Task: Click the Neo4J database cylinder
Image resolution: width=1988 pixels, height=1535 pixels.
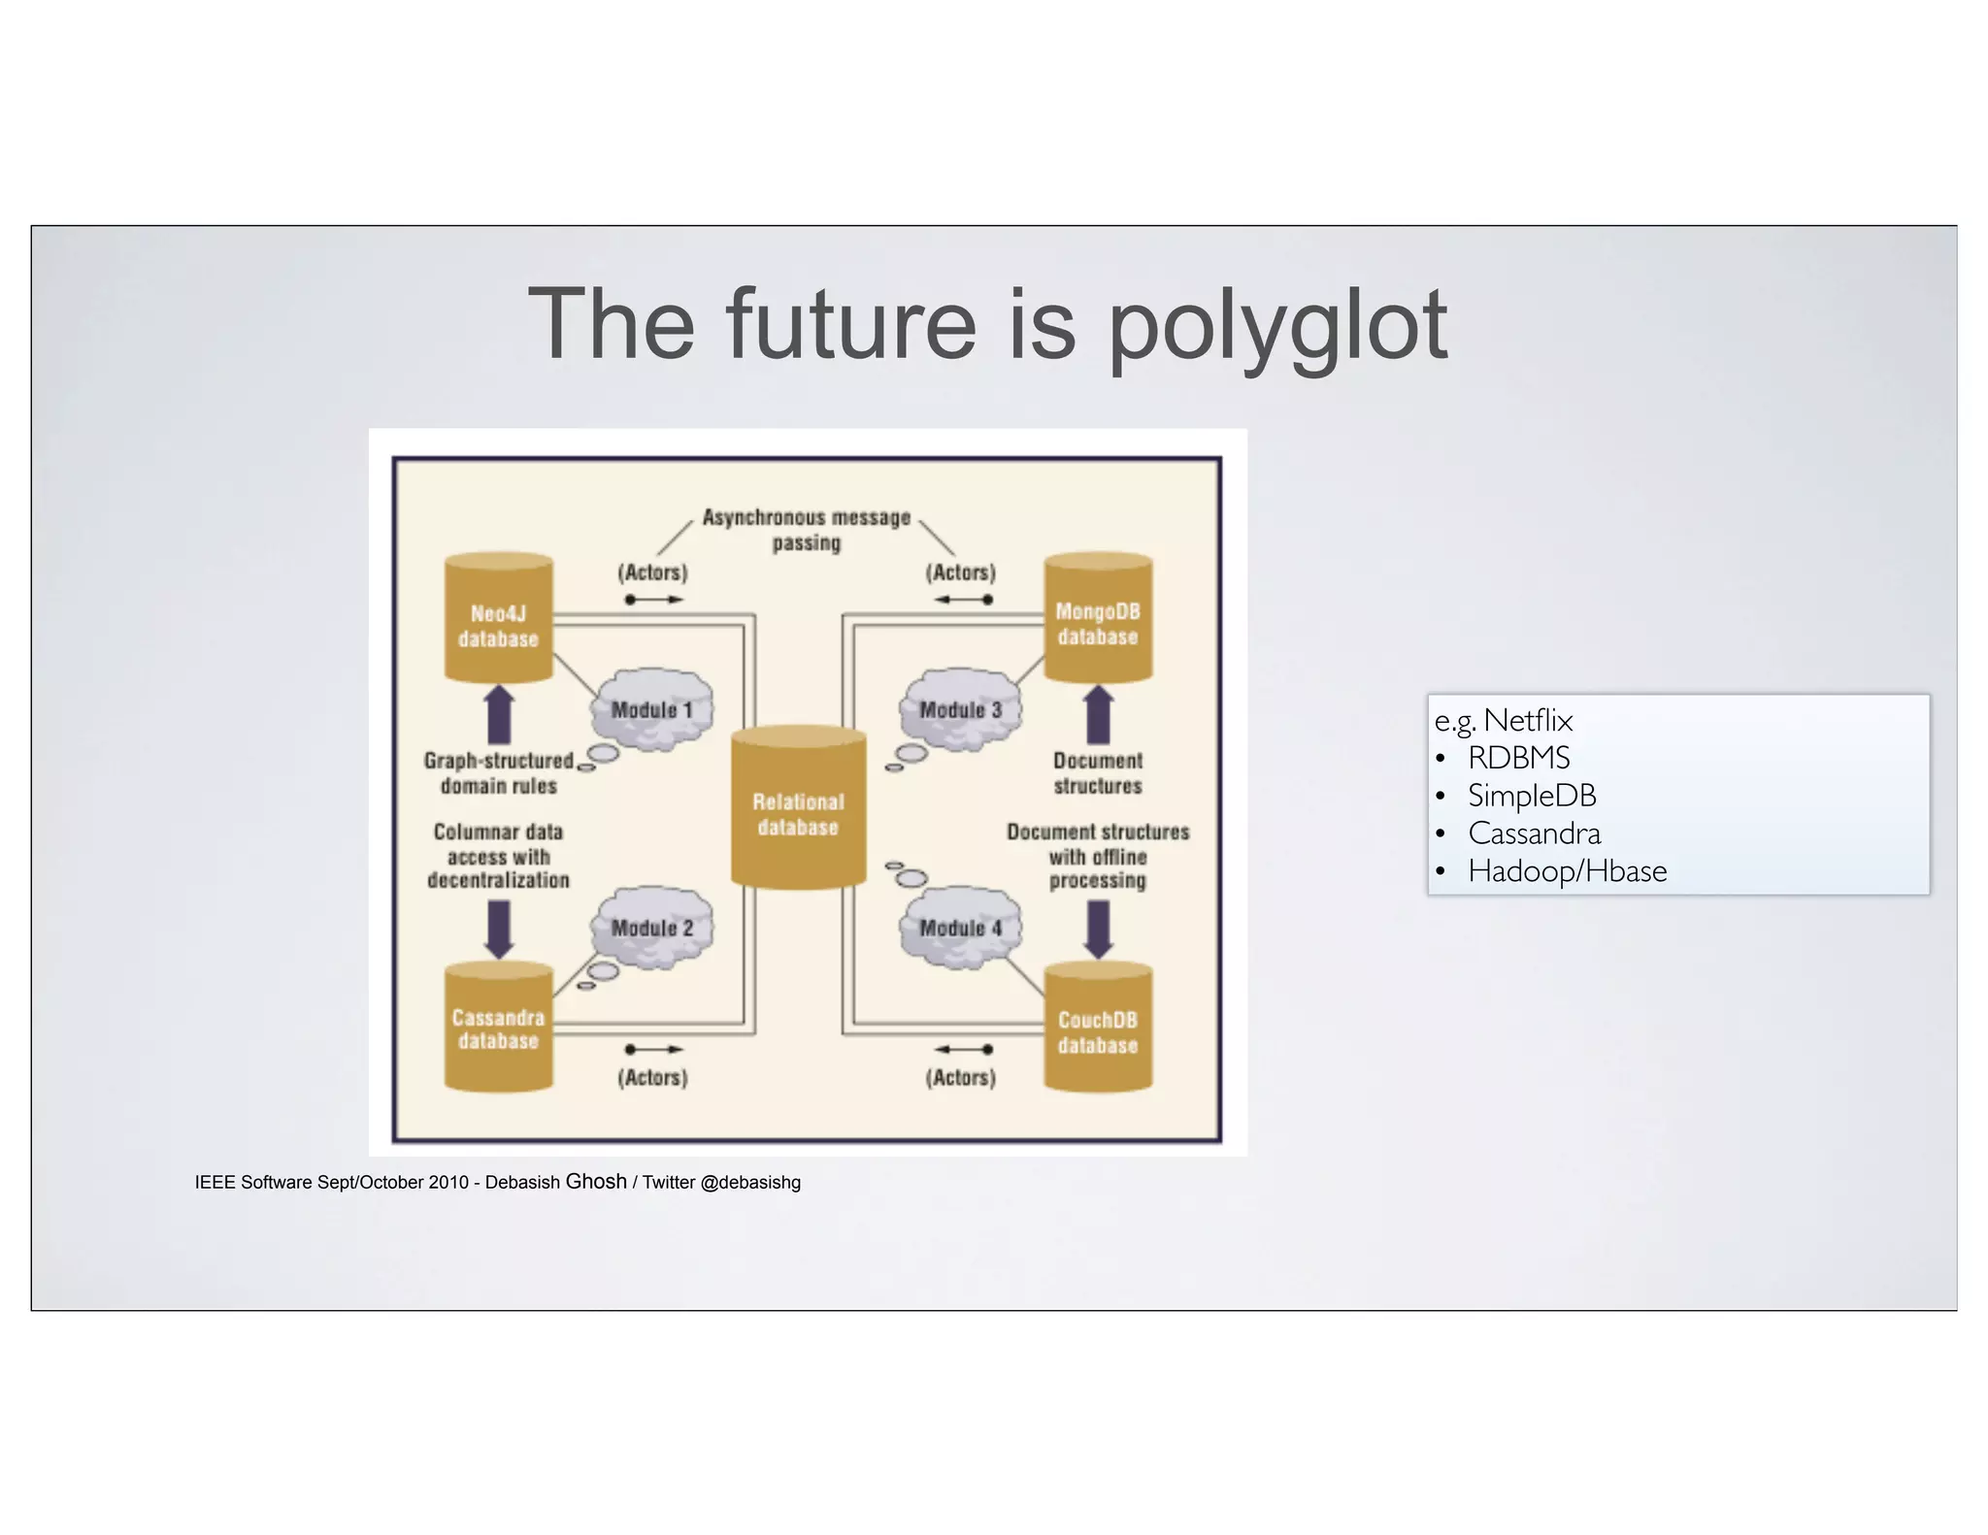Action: point(498,621)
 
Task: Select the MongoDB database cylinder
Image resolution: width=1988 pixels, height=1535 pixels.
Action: point(1098,621)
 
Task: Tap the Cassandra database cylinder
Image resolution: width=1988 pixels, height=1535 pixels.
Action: point(498,1029)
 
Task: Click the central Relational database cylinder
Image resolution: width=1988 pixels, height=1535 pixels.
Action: point(798,810)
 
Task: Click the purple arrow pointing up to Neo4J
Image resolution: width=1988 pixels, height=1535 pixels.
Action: point(499,715)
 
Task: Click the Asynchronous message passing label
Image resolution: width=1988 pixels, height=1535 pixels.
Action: point(807,530)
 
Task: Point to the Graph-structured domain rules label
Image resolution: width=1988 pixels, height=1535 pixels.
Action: point(499,773)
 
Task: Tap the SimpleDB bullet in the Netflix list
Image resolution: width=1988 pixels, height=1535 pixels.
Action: point(1531,796)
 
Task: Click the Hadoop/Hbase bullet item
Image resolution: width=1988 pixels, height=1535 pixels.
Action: point(1567,871)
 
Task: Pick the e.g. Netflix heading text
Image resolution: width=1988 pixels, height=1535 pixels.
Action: point(1503,720)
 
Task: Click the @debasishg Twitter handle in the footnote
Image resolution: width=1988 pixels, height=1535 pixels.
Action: point(750,1183)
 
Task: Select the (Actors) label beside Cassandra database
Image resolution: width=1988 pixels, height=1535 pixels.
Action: point(652,1077)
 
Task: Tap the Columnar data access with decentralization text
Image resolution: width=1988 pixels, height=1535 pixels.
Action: point(498,856)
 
